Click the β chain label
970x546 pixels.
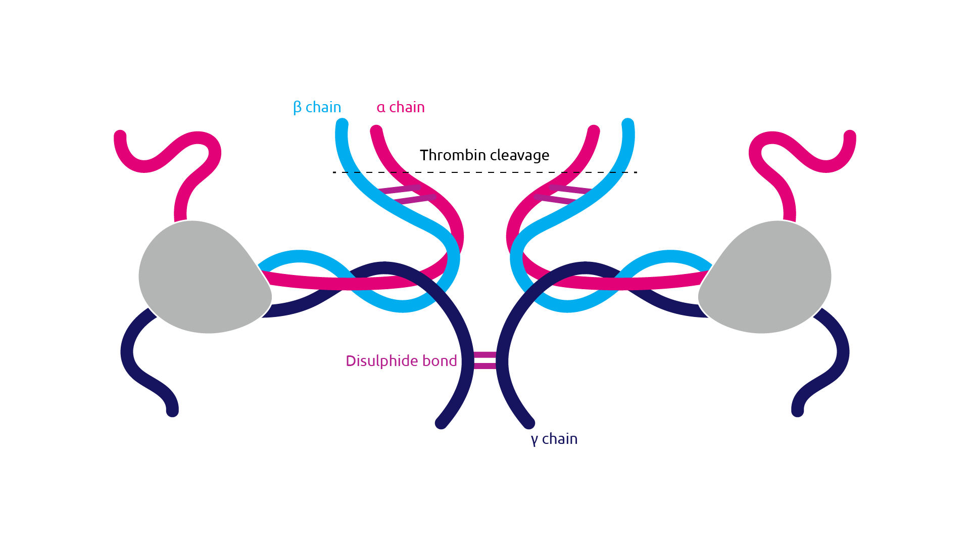tap(317, 107)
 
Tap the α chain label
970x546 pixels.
tap(401, 107)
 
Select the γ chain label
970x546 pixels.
tap(554, 439)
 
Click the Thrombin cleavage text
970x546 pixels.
tap(484, 155)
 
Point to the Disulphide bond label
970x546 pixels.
tap(401, 361)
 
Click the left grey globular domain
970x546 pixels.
tap(202, 277)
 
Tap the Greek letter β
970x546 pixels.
tap(297, 108)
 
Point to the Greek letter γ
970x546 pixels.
tap(535, 440)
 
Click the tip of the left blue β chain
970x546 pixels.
tap(342, 124)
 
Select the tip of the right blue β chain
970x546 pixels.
tap(628, 124)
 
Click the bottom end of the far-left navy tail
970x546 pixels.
tap(172, 411)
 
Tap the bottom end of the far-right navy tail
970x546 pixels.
tap(798, 411)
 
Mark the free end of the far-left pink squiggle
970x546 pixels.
tap(120, 136)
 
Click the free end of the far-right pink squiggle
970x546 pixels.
tap(850, 136)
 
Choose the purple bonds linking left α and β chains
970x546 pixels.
tap(407, 195)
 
